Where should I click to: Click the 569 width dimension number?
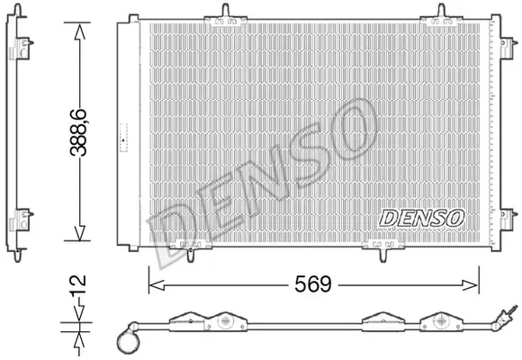point(313,284)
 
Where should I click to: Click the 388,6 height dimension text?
point(78,132)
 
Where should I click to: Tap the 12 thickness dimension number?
point(78,284)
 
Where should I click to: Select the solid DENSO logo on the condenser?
point(421,218)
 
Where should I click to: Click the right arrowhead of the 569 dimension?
point(471,285)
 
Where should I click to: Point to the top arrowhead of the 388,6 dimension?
point(79,31)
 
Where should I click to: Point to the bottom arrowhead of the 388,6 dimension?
point(79,232)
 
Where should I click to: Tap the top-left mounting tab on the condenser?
point(226,17)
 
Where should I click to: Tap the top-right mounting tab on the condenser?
point(441,17)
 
